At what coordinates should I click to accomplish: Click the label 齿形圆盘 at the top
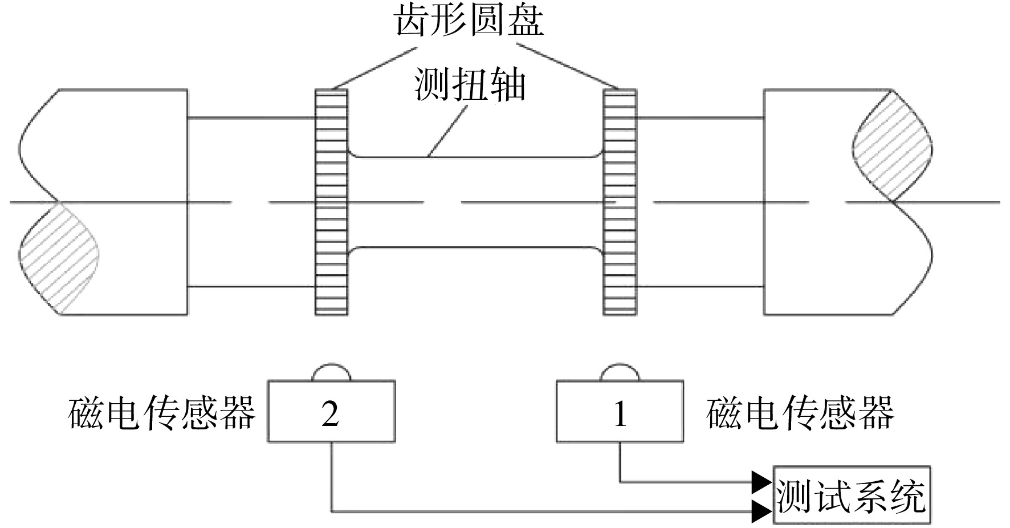[x=470, y=21]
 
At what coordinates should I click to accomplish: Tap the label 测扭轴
[x=470, y=85]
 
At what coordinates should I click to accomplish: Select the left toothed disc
[x=331, y=202]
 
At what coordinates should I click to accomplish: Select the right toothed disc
[x=620, y=202]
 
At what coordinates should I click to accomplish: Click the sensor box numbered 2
[x=332, y=411]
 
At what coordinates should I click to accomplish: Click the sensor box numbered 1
[x=620, y=411]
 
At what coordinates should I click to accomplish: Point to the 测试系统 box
[x=852, y=495]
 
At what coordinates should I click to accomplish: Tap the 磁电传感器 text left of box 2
[x=162, y=413]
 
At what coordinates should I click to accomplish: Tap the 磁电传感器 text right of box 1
[x=800, y=413]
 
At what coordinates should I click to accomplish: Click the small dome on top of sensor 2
[x=331, y=372]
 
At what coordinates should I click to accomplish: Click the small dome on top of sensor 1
[x=620, y=372]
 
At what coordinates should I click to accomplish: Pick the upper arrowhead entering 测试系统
[x=763, y=482]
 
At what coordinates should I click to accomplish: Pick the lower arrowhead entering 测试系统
[x=763, y=511]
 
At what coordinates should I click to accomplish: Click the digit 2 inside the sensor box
[x=331, y=412]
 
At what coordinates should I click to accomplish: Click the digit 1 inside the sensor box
[x=620, y=412]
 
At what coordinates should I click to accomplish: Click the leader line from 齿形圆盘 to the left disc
[x=374, y=68]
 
